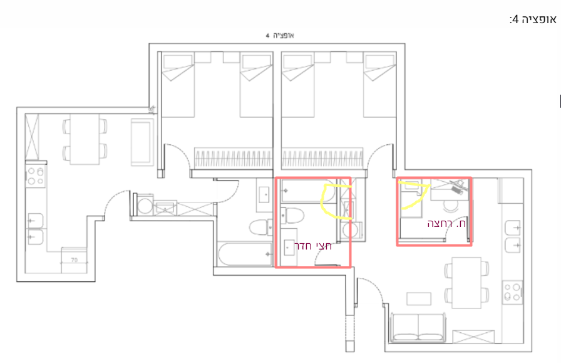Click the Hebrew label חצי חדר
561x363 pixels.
[312, 246]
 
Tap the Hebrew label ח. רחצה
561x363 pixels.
[446, 224]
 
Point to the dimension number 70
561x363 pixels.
[74, 260]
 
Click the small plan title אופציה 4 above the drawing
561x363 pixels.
[280, 36]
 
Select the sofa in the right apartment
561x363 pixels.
[418, 327]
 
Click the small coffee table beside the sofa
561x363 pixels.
[419, 299]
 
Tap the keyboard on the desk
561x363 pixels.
[457, 190]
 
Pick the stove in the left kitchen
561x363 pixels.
[36, 176]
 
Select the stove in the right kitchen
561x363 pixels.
[512, 292]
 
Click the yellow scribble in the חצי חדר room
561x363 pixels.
[335, 201]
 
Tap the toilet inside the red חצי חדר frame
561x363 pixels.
[292, 216]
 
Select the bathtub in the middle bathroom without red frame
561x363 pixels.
[245, 255]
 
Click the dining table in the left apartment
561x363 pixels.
[85, 139]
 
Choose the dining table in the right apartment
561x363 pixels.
[466, 282]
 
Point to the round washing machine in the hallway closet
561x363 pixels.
[145, 206]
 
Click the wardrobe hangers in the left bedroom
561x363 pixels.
[233, 159]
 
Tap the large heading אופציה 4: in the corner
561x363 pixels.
[533, 19]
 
